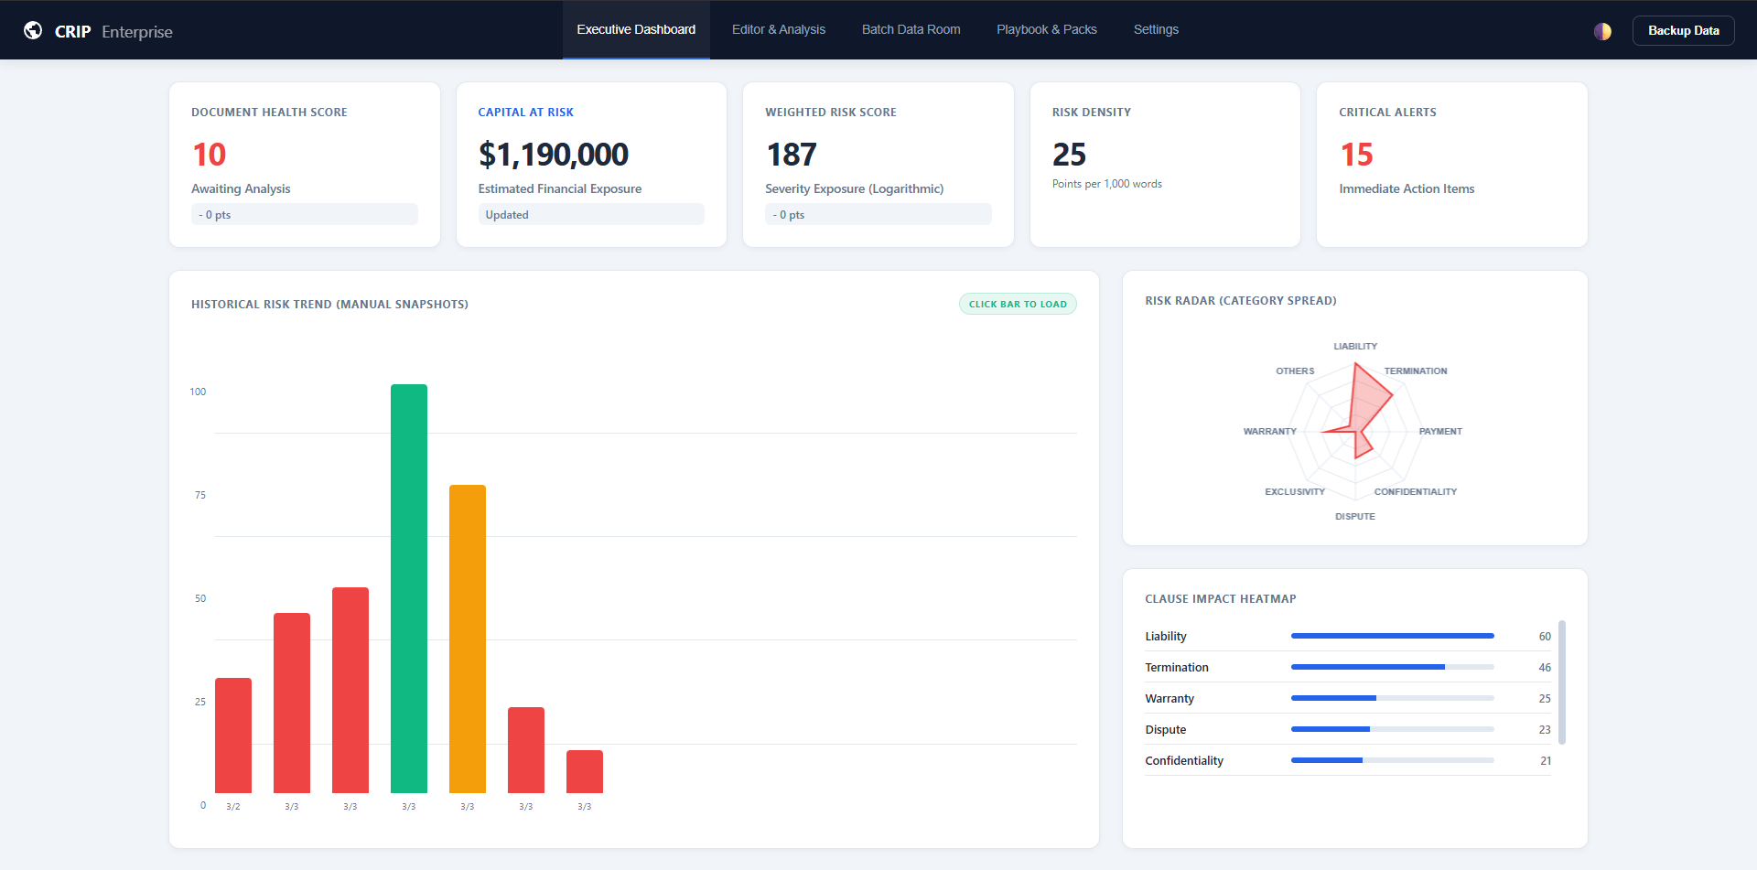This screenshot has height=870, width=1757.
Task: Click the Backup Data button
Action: tap(1683, 30)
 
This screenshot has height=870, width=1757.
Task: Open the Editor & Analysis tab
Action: tap(778, 29)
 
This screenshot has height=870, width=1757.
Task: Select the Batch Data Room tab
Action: tap(911, 29)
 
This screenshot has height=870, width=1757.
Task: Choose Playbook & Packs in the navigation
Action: tap(1046, 29)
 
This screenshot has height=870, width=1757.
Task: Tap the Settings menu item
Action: tap(1155, 29)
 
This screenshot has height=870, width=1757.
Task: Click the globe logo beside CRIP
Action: tap(33, 30)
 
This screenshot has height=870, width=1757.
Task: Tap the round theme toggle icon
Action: tap(1601, 31)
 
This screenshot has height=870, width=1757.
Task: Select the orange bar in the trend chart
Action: tap(467, 638)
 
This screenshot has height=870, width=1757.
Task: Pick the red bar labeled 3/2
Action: tap(232, 735)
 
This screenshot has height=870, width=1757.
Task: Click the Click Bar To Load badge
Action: tap(1017, 304)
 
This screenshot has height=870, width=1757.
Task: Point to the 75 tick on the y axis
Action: tap(199, 495)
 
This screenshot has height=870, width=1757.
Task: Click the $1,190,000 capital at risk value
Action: tap(553, 155)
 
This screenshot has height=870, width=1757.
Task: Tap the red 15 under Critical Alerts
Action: tap(1356, 155)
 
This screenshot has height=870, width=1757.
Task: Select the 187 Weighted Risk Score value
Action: tap(791, 155)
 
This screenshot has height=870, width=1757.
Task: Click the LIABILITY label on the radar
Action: tap(1354, 346)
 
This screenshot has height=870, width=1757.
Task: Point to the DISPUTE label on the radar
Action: tap(1354, 516)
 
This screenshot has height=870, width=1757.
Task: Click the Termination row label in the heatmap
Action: tap(1176, 667)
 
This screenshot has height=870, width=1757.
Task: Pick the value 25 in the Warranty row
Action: tap(1544, 698)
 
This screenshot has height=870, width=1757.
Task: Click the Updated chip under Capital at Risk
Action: tap(507, 214)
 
